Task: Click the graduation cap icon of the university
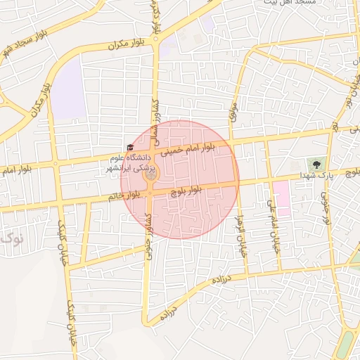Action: (x=129, y=147)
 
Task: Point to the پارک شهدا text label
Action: (x=311, y=174)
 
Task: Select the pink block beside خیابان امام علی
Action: (x=282, y=198)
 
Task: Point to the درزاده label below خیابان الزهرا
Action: (x=221, y=278)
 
